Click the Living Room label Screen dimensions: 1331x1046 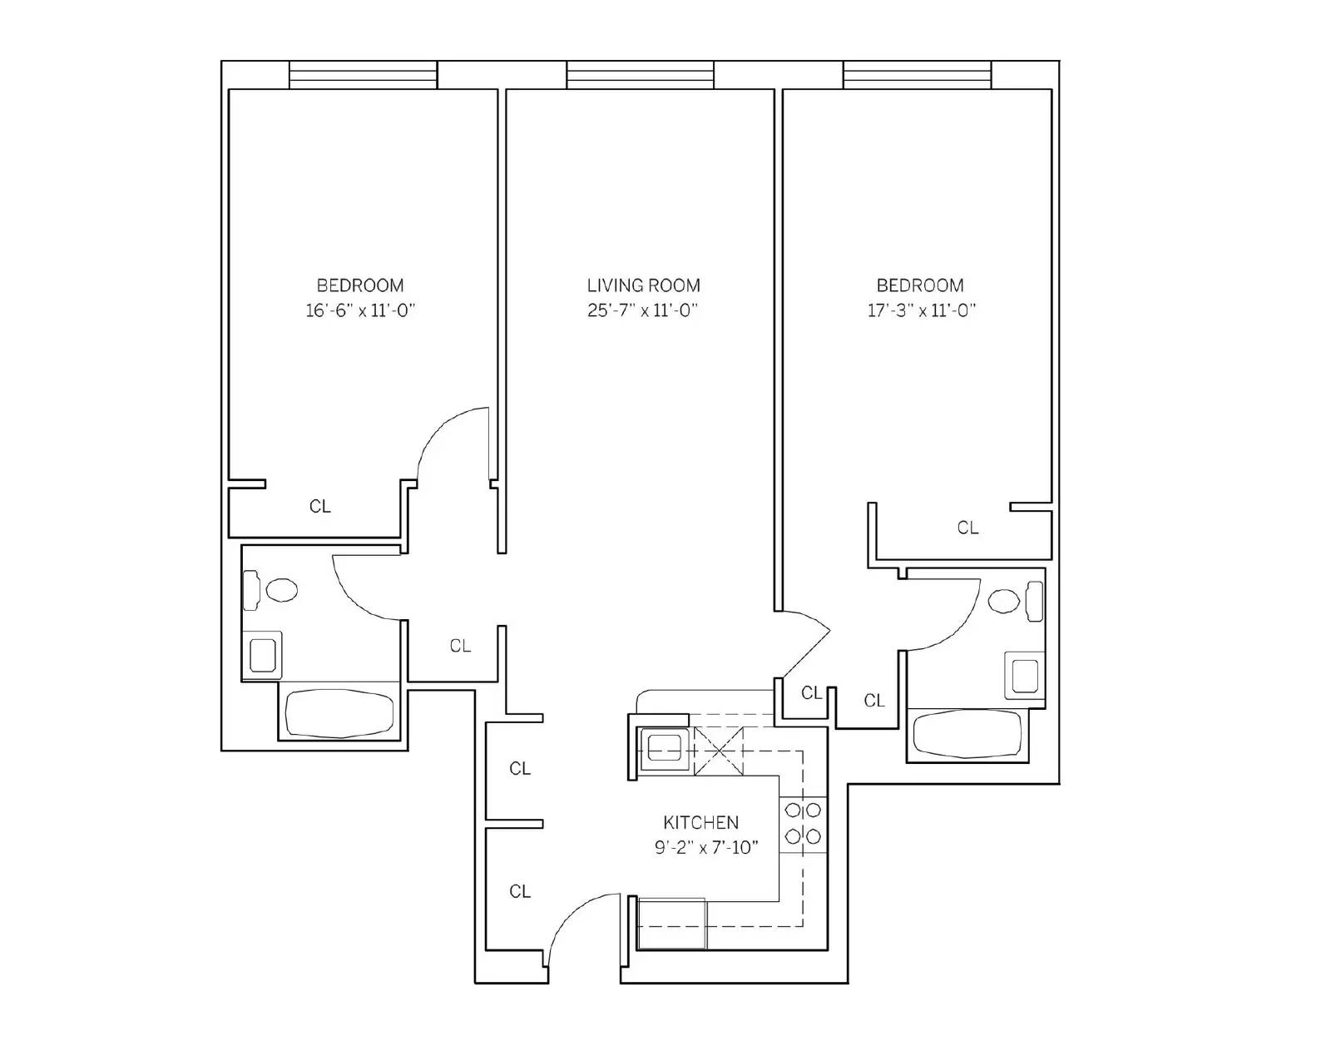[x=643, y=285]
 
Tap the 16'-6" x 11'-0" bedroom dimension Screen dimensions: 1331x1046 [x=360, y=310]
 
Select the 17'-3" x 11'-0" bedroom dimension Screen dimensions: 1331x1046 [x=921, y=310]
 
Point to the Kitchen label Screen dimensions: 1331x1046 [x=700, y=822]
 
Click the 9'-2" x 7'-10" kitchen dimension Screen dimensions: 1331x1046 [x=706, y=847]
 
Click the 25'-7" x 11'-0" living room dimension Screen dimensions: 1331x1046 [x=643, y=310]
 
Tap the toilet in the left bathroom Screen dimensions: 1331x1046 [x=270, y=590]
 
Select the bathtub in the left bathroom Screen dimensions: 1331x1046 [x=339, y=714]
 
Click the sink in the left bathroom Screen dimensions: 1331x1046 [x=263, y=655]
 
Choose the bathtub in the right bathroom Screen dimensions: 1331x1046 [x=967, y=734]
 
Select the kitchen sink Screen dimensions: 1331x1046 [x=664, y=748]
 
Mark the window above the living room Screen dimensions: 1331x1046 [x=640, y=75]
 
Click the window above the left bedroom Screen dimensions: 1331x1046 [x=364, y=75]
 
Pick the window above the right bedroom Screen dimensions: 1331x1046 [x=917, y=75]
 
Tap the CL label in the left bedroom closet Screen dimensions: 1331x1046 [x=319, y=507]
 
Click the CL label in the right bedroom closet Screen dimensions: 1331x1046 [x=967, y=528]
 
